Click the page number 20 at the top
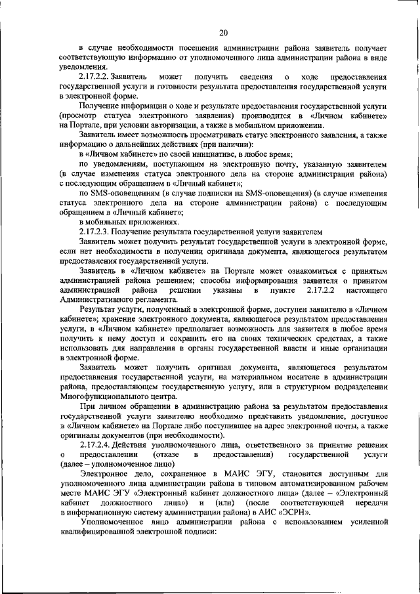223,32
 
